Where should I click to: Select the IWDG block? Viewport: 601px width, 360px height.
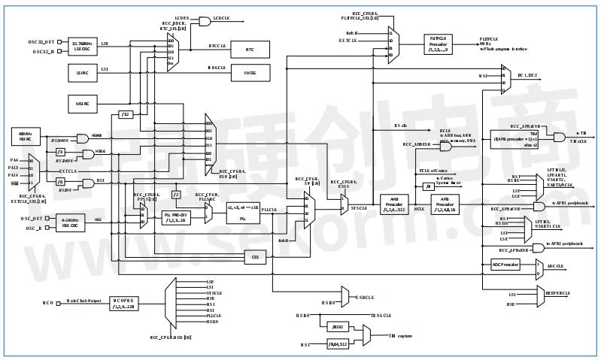(x=249, y=74)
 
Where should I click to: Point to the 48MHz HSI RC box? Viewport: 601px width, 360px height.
(x=25, y=136)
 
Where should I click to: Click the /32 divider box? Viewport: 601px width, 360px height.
(x=126, y=114)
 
